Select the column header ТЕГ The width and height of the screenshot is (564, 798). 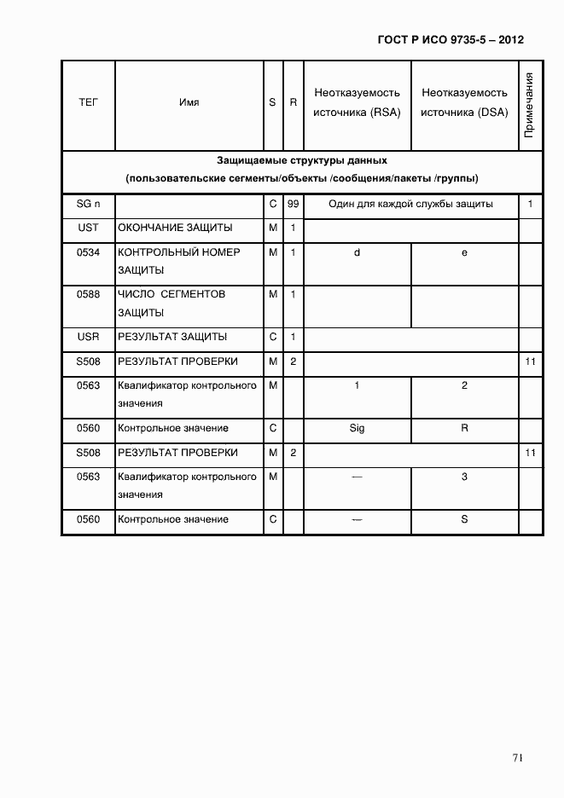[x=88, y=102]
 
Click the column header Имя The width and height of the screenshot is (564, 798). [x=189, y=102]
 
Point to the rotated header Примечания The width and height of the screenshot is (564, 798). [x=529, y=106]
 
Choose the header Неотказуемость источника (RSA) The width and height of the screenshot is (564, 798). [x=357, y=102]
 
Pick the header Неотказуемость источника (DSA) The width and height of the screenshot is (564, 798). [x=464, y=102]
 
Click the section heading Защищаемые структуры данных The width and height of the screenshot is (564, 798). [x=301, y=160]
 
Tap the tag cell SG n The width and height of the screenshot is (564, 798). [x=88, y=205]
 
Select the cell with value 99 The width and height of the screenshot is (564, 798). [x=293, y=205]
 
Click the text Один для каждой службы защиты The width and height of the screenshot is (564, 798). [x=410, y=205]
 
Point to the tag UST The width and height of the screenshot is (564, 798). [x=88, y=228]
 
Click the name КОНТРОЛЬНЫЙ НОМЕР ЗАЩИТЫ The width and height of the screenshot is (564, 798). [x=178, y=261]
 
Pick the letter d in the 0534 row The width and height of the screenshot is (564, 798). [x=357, y=253]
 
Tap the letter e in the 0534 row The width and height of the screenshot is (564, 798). [x=464, y=253]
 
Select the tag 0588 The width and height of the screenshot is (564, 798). [x=88, y=294]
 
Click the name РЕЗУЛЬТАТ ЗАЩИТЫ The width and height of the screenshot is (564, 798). [x=172, y=337]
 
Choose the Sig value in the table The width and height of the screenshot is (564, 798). [x=357, y=428]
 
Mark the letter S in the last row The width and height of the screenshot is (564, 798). [x=464, y=519]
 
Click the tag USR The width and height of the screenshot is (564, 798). [x=88, y=337]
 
